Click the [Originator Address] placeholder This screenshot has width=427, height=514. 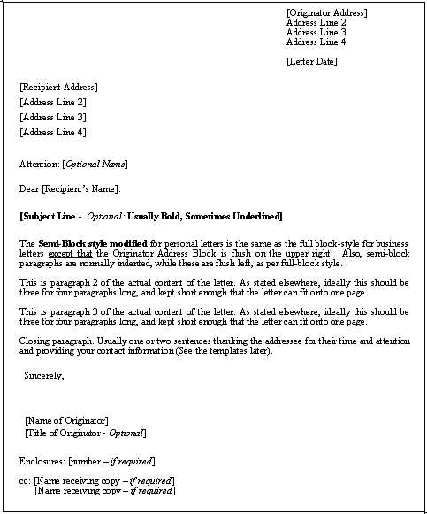coord(326,12)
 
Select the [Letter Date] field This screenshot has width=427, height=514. coord(311,61)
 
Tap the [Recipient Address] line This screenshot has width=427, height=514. coord(58,87)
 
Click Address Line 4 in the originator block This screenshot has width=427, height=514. coord(316,42)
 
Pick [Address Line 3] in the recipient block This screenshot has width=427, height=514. coord(52,117)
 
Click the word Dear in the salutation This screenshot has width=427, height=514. coord(28,188)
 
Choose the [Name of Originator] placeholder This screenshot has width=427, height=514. coord(67,419)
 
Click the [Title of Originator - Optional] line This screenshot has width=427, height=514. coord(86,433)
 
